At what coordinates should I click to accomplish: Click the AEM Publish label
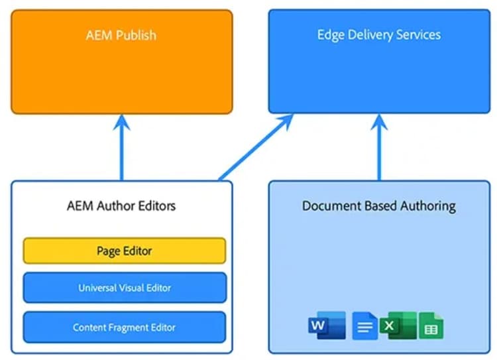pyautogui.click(x=121, y=34)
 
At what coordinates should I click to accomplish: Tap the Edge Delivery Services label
pyautogui.click(x=378, y=34)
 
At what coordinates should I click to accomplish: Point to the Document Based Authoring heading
pyautogui.click(x=378, y=206)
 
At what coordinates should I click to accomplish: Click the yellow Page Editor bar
pyautogui.click(x=125, y=251)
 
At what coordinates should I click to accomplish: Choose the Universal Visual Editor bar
pyautogui.click(x=125, y=288)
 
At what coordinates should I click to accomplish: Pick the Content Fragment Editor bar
pyautogui.click(x=125, y=328)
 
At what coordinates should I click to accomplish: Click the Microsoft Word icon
pyautogui.click(x=326, y=326)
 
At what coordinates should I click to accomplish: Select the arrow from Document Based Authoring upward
pyautogui.click(x=379, y=149)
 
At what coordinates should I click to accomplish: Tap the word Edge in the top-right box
pyautogui.click(x=329, y=34)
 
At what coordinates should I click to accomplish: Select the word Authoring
pyautogui.click(x=424, y=206)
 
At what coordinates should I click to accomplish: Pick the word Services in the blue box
pyautogui.click(x=417, y=34)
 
